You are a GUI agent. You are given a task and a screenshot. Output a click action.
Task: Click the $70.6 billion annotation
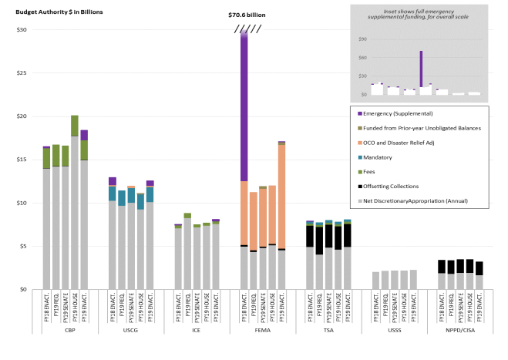click(247, 14)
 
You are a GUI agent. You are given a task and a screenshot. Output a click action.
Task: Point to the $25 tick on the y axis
click(22, 73)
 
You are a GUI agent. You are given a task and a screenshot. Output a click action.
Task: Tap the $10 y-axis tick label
click(22, 203)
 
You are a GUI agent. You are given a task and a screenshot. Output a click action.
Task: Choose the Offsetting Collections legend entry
click(394, 186)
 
